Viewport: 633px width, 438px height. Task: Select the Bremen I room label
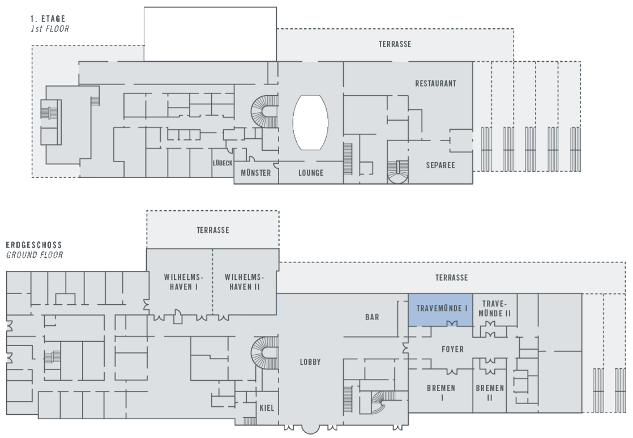pyautogui.click(x=442, y=393)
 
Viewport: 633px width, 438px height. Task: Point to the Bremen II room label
pyautogui.click(x=490, y=393)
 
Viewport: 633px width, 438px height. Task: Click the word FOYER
pyautogui.click(x=452, y=350)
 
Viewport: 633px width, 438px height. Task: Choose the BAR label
pyautogui.click(x=372, y=317)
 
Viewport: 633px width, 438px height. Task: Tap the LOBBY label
pyautogui.click(x=310, y=362)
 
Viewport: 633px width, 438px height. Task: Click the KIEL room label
pyautogui.click(x=266, y=408)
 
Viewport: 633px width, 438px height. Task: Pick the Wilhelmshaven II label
pyautogui.click(x=244, y=282)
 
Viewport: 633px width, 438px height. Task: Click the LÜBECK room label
pyautogui.click(x=223, y=163)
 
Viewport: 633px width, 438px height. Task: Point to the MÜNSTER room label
pyautogui.click(x=256, y=173)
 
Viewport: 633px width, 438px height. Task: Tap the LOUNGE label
pyautogui.click(x=311, y=173)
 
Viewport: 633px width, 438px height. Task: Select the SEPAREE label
pyautogui.click(x=440, y=165)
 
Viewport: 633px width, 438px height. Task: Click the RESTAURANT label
pyautogui.click(x=435, y=83)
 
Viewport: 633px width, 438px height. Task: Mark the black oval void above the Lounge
pyautogui.click(x=310, y=122)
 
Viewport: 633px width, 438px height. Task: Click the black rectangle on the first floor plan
pyautogui.click(x=210, y=33)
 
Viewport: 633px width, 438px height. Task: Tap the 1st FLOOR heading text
pyautogui.click(x=50, y=28)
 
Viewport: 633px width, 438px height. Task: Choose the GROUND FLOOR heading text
pyautogui.click(x=34, y=255)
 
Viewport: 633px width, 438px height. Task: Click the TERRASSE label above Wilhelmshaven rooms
pyautogui.click(x=213, y=230)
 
